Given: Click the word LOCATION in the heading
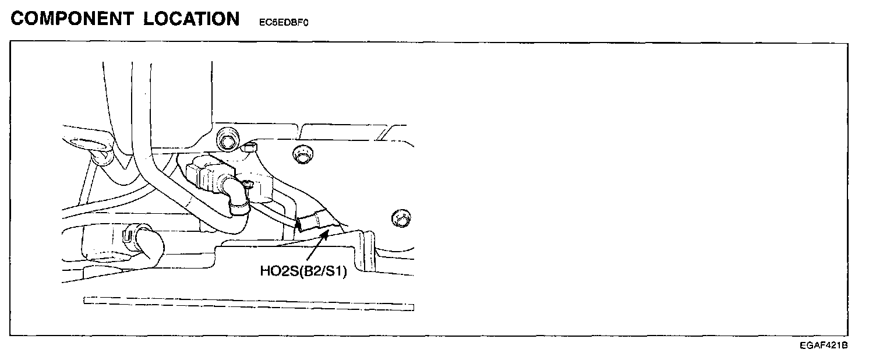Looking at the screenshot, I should [192, 19].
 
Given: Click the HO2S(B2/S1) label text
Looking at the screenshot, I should [303, 271].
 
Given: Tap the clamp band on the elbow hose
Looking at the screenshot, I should [238, 204].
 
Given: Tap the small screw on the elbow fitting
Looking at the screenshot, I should [246, 186].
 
